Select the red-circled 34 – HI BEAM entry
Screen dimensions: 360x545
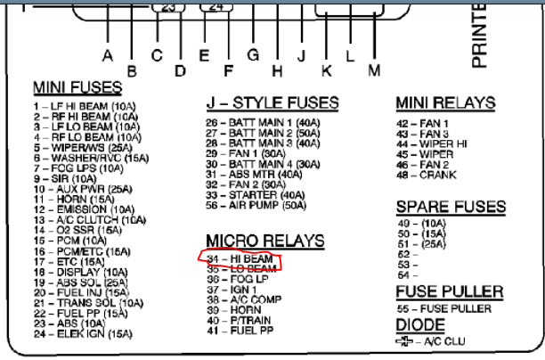click(x=240, y=258)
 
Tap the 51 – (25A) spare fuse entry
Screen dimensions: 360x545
click(x=424, y=242)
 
